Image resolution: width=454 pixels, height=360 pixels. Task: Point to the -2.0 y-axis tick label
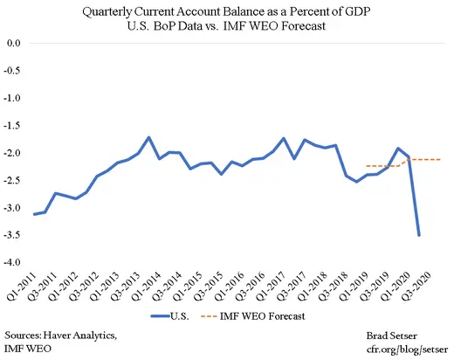tap(14, 153)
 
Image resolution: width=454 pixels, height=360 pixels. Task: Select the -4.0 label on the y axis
tap(14, 263)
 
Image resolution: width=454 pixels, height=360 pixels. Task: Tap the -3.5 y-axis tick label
tap(14, 236)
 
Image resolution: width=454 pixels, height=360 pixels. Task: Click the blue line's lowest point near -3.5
tap(420, 235)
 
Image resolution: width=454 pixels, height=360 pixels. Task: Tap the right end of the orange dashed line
tap(441, 159)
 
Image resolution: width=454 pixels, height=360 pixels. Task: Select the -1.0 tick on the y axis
tap(14, 98)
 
